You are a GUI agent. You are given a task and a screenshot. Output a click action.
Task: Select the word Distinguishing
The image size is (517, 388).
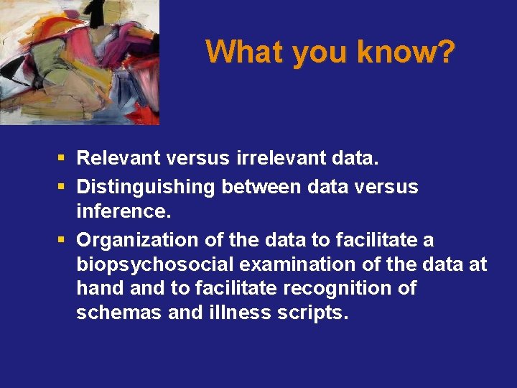pyautogui.click(x=146, y=187)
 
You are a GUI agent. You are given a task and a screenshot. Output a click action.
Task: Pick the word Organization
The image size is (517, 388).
pyautogui.click(x=131, y=239)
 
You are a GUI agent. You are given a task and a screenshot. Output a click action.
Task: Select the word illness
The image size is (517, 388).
pyautogui.click(x=232, y=313)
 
